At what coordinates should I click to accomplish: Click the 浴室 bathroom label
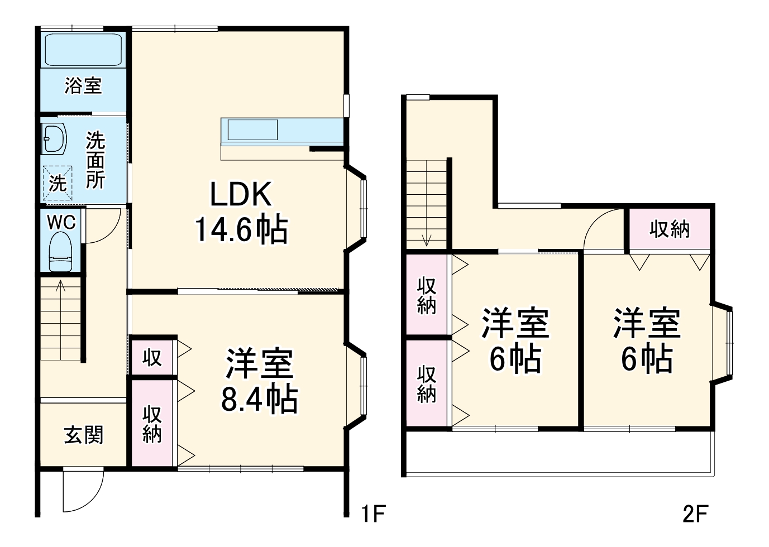click(83, 86)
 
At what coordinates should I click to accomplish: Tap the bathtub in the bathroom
click(83, 51)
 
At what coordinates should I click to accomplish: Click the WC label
click(61, 222)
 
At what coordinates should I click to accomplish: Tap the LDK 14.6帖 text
click(241, 212)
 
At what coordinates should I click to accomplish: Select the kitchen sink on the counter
click(251, 130)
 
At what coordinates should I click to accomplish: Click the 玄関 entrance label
click(84, 434)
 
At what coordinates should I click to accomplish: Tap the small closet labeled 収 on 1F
click(152, 357)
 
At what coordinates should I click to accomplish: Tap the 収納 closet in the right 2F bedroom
click(670, 229)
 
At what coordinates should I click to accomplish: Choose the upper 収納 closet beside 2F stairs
click(427, 296)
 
